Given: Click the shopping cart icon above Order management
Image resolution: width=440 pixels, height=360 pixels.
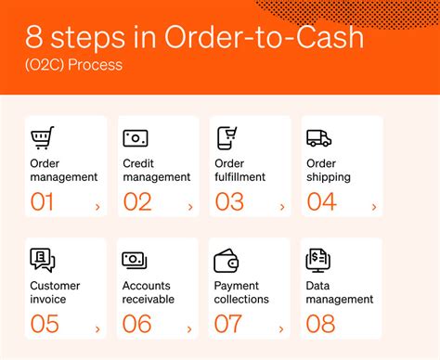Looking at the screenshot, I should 43,138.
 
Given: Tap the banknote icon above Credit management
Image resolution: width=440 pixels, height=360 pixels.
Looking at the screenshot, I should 136,138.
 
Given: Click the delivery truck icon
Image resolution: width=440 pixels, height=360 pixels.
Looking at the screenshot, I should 319,138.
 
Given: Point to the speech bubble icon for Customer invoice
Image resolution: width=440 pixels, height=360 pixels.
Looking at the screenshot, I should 43,260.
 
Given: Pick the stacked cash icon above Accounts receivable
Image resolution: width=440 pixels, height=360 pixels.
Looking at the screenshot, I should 136,261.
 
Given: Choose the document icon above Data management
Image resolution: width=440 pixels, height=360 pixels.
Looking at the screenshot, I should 317,260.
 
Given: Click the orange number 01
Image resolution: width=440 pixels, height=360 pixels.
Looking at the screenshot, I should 43,201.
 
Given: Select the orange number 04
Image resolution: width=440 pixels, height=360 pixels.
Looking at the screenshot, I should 321,201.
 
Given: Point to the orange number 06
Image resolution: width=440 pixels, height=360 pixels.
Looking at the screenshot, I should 136,323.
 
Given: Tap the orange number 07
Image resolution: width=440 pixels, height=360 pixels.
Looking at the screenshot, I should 228,323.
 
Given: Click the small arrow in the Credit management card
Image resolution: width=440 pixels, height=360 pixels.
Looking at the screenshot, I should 190,207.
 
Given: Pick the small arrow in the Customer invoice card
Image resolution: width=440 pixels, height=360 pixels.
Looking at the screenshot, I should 98,328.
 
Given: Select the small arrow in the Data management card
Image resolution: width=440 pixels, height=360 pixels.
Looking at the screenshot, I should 373,328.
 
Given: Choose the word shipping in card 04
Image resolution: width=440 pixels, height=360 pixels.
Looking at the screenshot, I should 330,177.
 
